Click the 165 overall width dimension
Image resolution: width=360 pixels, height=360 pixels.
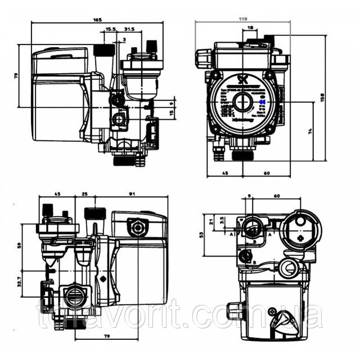tap(97, 20)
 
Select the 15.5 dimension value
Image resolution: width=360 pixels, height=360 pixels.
tap(110, 29)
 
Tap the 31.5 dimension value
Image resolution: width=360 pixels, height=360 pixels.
tap(129, 29)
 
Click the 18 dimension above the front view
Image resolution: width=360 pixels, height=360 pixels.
tap(250, 28)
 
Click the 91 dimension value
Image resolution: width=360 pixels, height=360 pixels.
tap(132, 194)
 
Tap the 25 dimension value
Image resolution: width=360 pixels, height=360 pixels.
tap(85, 194)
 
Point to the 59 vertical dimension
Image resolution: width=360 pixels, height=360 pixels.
tap(19, 246)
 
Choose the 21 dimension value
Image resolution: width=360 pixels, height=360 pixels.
tap(212, 221)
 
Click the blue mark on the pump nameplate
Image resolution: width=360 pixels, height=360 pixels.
tap(264, 101)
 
